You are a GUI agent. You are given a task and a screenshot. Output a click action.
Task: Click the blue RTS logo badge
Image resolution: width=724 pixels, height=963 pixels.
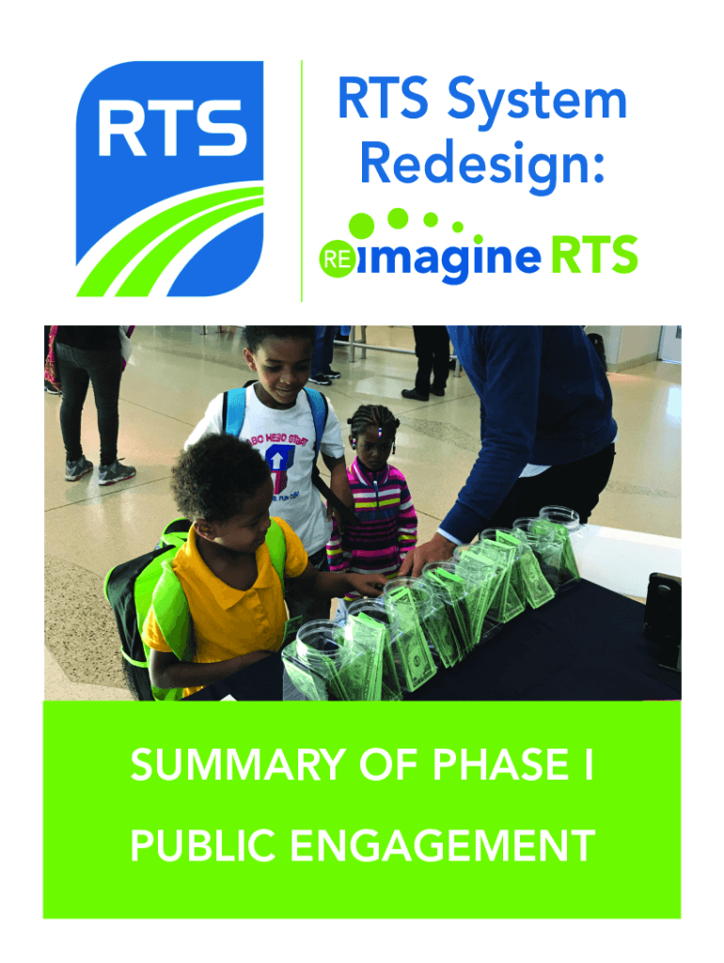coord(169,179)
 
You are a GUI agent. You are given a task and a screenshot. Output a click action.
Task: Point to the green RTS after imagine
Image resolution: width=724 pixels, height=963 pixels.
coord(593,257)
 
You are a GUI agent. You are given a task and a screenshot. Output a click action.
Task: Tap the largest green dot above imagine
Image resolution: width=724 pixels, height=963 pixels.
coord(363,227)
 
